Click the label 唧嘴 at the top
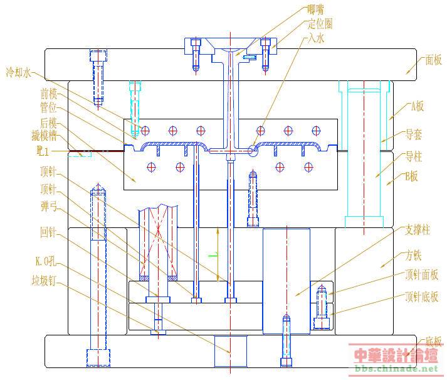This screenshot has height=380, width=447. coord(316,9)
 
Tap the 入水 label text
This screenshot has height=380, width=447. coord(315,38)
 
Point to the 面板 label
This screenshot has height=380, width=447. coord(433,60)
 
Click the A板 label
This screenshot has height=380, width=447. coord(417,106)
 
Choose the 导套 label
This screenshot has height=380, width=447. coord(413,134)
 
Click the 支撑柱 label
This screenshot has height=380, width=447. coord(418,231)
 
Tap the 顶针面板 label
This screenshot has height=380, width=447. coord(421,274)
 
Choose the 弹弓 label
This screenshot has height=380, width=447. coord(49,205)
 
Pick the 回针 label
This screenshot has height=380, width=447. coord(48,233)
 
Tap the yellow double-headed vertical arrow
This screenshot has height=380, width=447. coord(218,255)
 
